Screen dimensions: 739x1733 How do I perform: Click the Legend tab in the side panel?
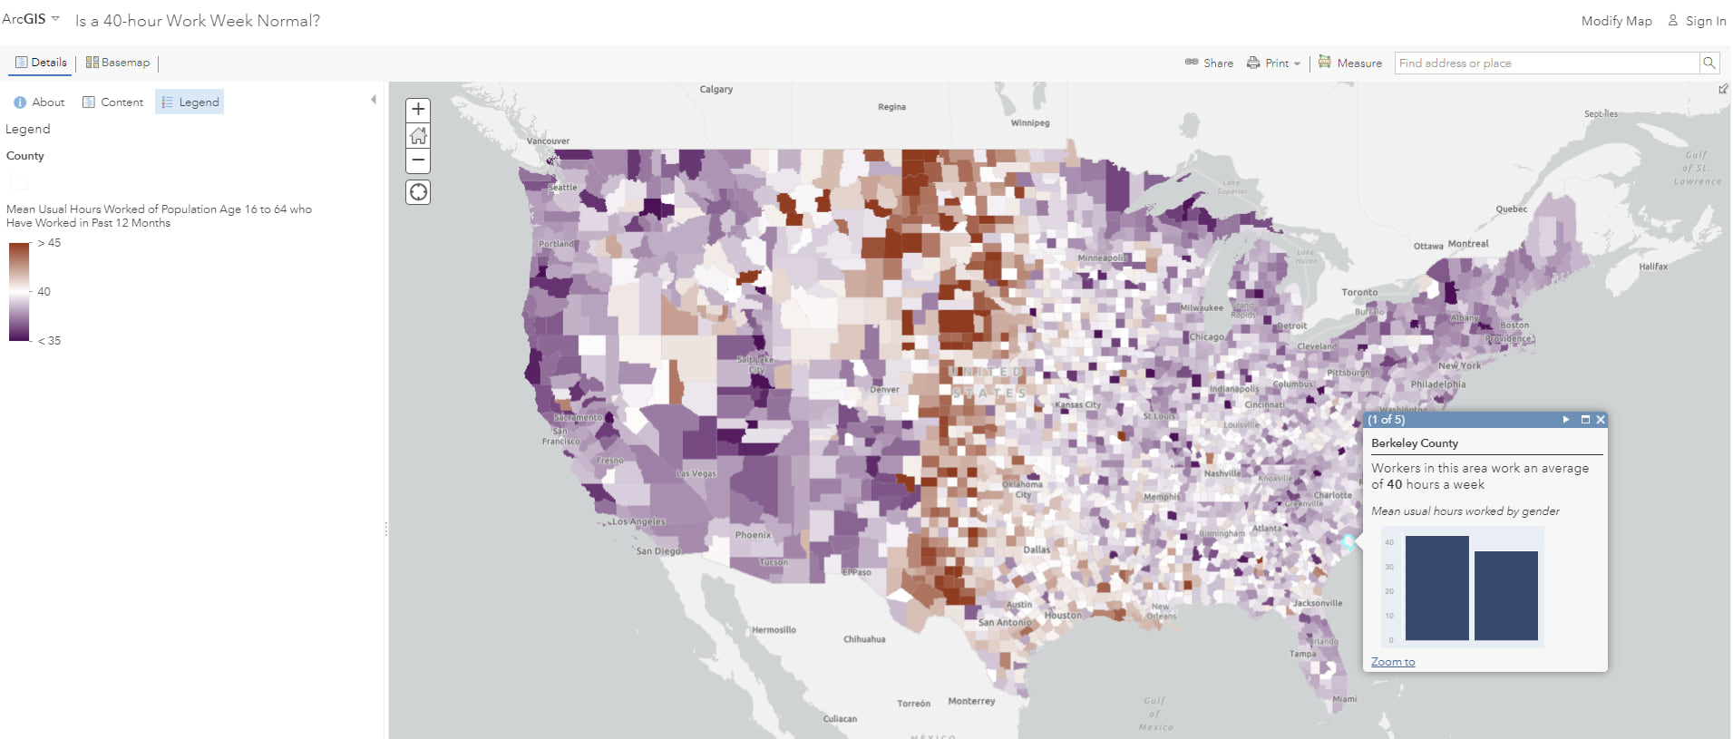click(190, 102)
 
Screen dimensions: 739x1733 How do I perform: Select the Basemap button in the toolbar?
click(118, 63)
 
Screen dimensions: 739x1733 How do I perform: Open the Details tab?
click(41, 63)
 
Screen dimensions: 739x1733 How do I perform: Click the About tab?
click(40, 102)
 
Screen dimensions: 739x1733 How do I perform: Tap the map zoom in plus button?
click(418, 110)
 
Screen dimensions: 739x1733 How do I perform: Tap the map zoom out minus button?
click(418, 160)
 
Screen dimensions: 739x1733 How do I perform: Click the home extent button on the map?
click(418, 135)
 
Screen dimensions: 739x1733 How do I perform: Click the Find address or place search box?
click(1546, 63)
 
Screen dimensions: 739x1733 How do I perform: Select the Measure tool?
click(1350, 63)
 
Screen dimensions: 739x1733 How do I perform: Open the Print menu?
click(1273, 63)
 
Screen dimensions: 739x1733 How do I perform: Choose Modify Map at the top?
click(1616, 21)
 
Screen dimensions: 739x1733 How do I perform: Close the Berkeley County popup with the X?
click(1601, 420)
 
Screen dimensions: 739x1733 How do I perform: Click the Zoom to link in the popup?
click(1392, 662)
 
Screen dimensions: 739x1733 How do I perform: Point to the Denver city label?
click(884, 390)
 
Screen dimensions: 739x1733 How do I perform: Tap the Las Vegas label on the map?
click(696, 473)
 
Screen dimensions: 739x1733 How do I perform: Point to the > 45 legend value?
click(50, 243)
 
